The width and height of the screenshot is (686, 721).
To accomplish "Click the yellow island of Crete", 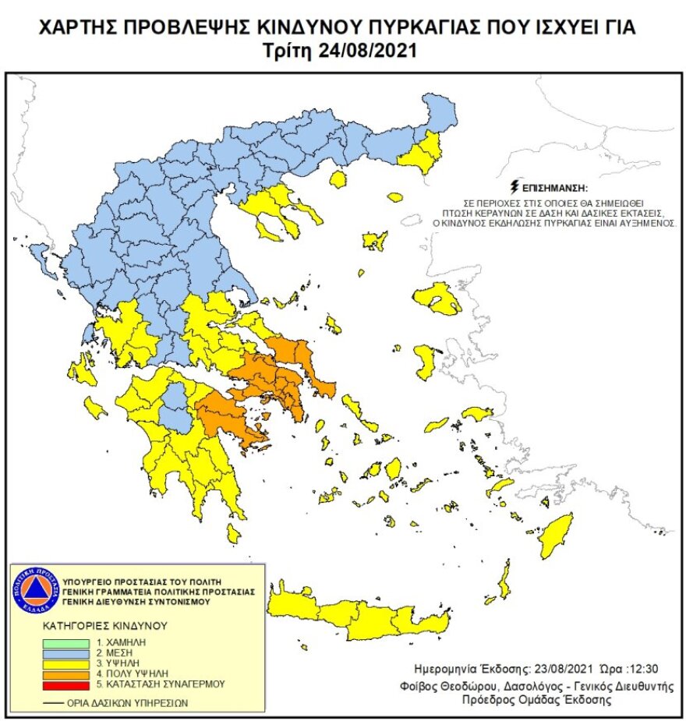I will pos(359,616).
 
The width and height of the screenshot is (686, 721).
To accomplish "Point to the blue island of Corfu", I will pos(37,253).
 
